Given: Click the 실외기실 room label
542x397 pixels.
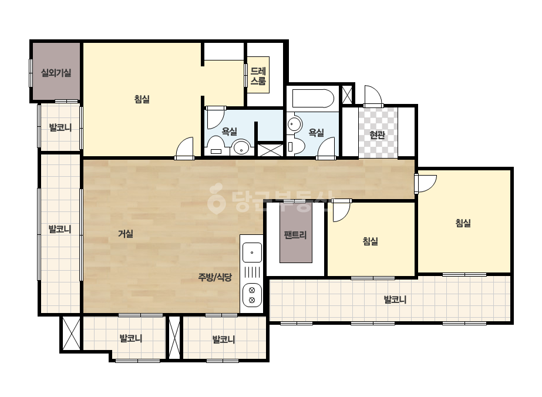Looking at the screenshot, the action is [x=56, y=73].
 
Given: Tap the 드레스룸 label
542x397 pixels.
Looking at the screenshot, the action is [x=258, y=76].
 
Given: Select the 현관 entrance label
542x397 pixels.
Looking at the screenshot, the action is [x=377, y=134].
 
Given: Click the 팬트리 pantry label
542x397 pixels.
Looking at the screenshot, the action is [x=295, y=235].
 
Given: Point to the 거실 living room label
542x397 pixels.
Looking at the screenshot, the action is [x=126, y=234].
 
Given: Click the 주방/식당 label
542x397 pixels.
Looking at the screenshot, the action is [x=215, y=277].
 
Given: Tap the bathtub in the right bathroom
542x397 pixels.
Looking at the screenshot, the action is [x=313, y=99].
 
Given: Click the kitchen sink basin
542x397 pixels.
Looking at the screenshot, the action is [x=252, y=253].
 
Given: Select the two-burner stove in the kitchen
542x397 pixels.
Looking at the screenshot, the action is [x=252, y=295].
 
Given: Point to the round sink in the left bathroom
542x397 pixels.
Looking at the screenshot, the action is [x=241, y=148].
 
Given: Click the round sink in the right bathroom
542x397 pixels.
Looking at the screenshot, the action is [x=294, y=124].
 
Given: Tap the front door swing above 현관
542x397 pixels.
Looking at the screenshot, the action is [x=373, y=96].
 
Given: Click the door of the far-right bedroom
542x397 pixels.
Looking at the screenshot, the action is [x=426, y=183].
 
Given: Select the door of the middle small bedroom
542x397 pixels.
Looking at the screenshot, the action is [x=342, y=211].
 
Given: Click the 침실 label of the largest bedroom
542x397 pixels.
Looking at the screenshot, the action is [x=142, y=99].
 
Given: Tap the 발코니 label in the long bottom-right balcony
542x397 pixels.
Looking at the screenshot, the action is [x=395, y=300].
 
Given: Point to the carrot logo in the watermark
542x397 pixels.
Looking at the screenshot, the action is [x=217, y=198].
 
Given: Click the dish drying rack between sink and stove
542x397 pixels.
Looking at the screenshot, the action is [x=252, y=273].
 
